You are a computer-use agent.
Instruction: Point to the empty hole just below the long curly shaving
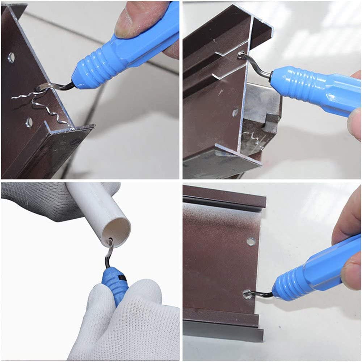(29, 122)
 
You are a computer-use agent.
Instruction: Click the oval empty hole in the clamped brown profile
(235, 112)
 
